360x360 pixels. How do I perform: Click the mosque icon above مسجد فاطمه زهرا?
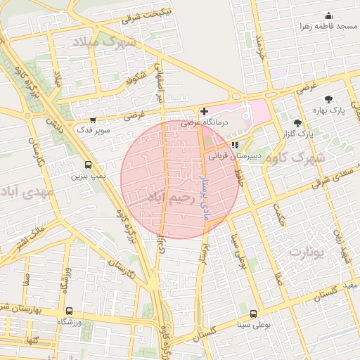(328, 16)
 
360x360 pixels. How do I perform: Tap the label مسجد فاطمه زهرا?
(328, 27)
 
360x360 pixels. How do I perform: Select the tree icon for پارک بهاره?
(328, 99)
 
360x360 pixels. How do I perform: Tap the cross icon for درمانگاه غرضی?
(204, 111)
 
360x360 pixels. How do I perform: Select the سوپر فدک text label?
(92, 131)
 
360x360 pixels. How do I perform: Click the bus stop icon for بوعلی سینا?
(253, 314)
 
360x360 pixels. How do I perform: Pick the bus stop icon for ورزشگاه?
(69, 311)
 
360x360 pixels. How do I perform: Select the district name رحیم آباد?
(168, 200)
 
